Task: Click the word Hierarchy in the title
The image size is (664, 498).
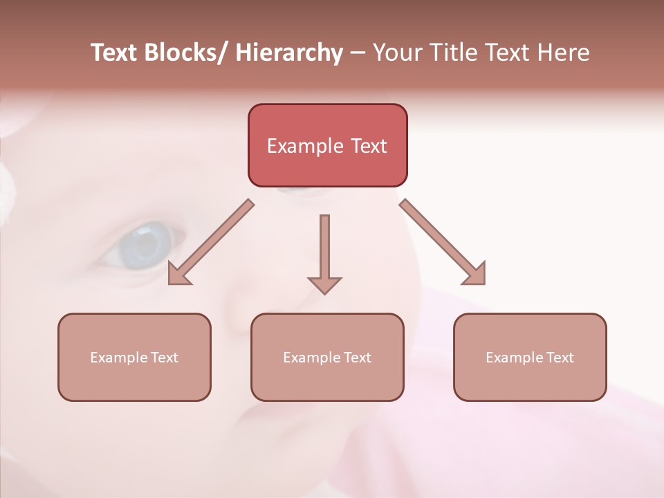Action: coord(289,53)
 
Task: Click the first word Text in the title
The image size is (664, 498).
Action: coord(114,53)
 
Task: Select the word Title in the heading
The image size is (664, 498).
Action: coord(453,53)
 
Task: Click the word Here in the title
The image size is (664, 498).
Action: coord(564,53)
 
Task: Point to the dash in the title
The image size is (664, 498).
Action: coord(358,53)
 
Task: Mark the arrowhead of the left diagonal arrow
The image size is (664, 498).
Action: coord(178,274)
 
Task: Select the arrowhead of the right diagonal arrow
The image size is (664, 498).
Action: coord(476,274)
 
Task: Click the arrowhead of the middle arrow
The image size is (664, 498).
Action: coord(324,284)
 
